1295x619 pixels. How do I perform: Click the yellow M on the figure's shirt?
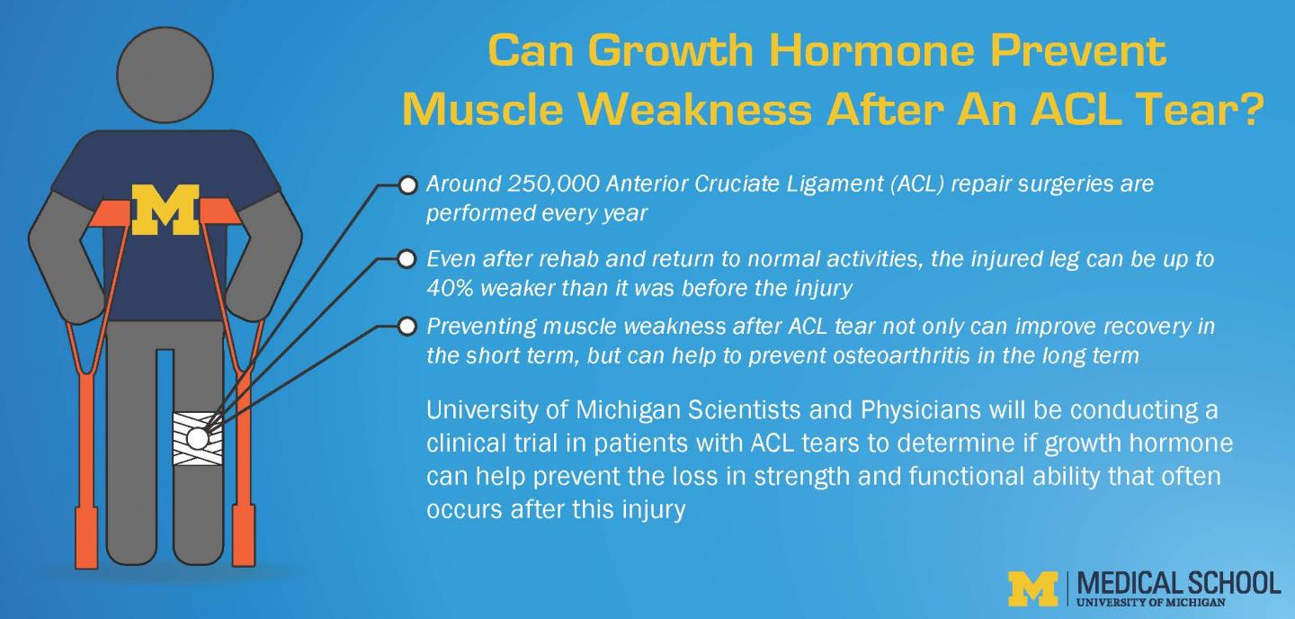[x=165, y=210]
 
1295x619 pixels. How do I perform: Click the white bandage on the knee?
[x=195, y=438]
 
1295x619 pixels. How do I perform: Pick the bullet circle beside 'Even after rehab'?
[x=407, y=260]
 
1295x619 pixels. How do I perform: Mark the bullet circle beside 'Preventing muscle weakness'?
[x=407, y=327]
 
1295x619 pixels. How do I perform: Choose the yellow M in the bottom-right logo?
[x=1033, y=588]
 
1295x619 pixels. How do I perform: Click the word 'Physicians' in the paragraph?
[x=914, y=411]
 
